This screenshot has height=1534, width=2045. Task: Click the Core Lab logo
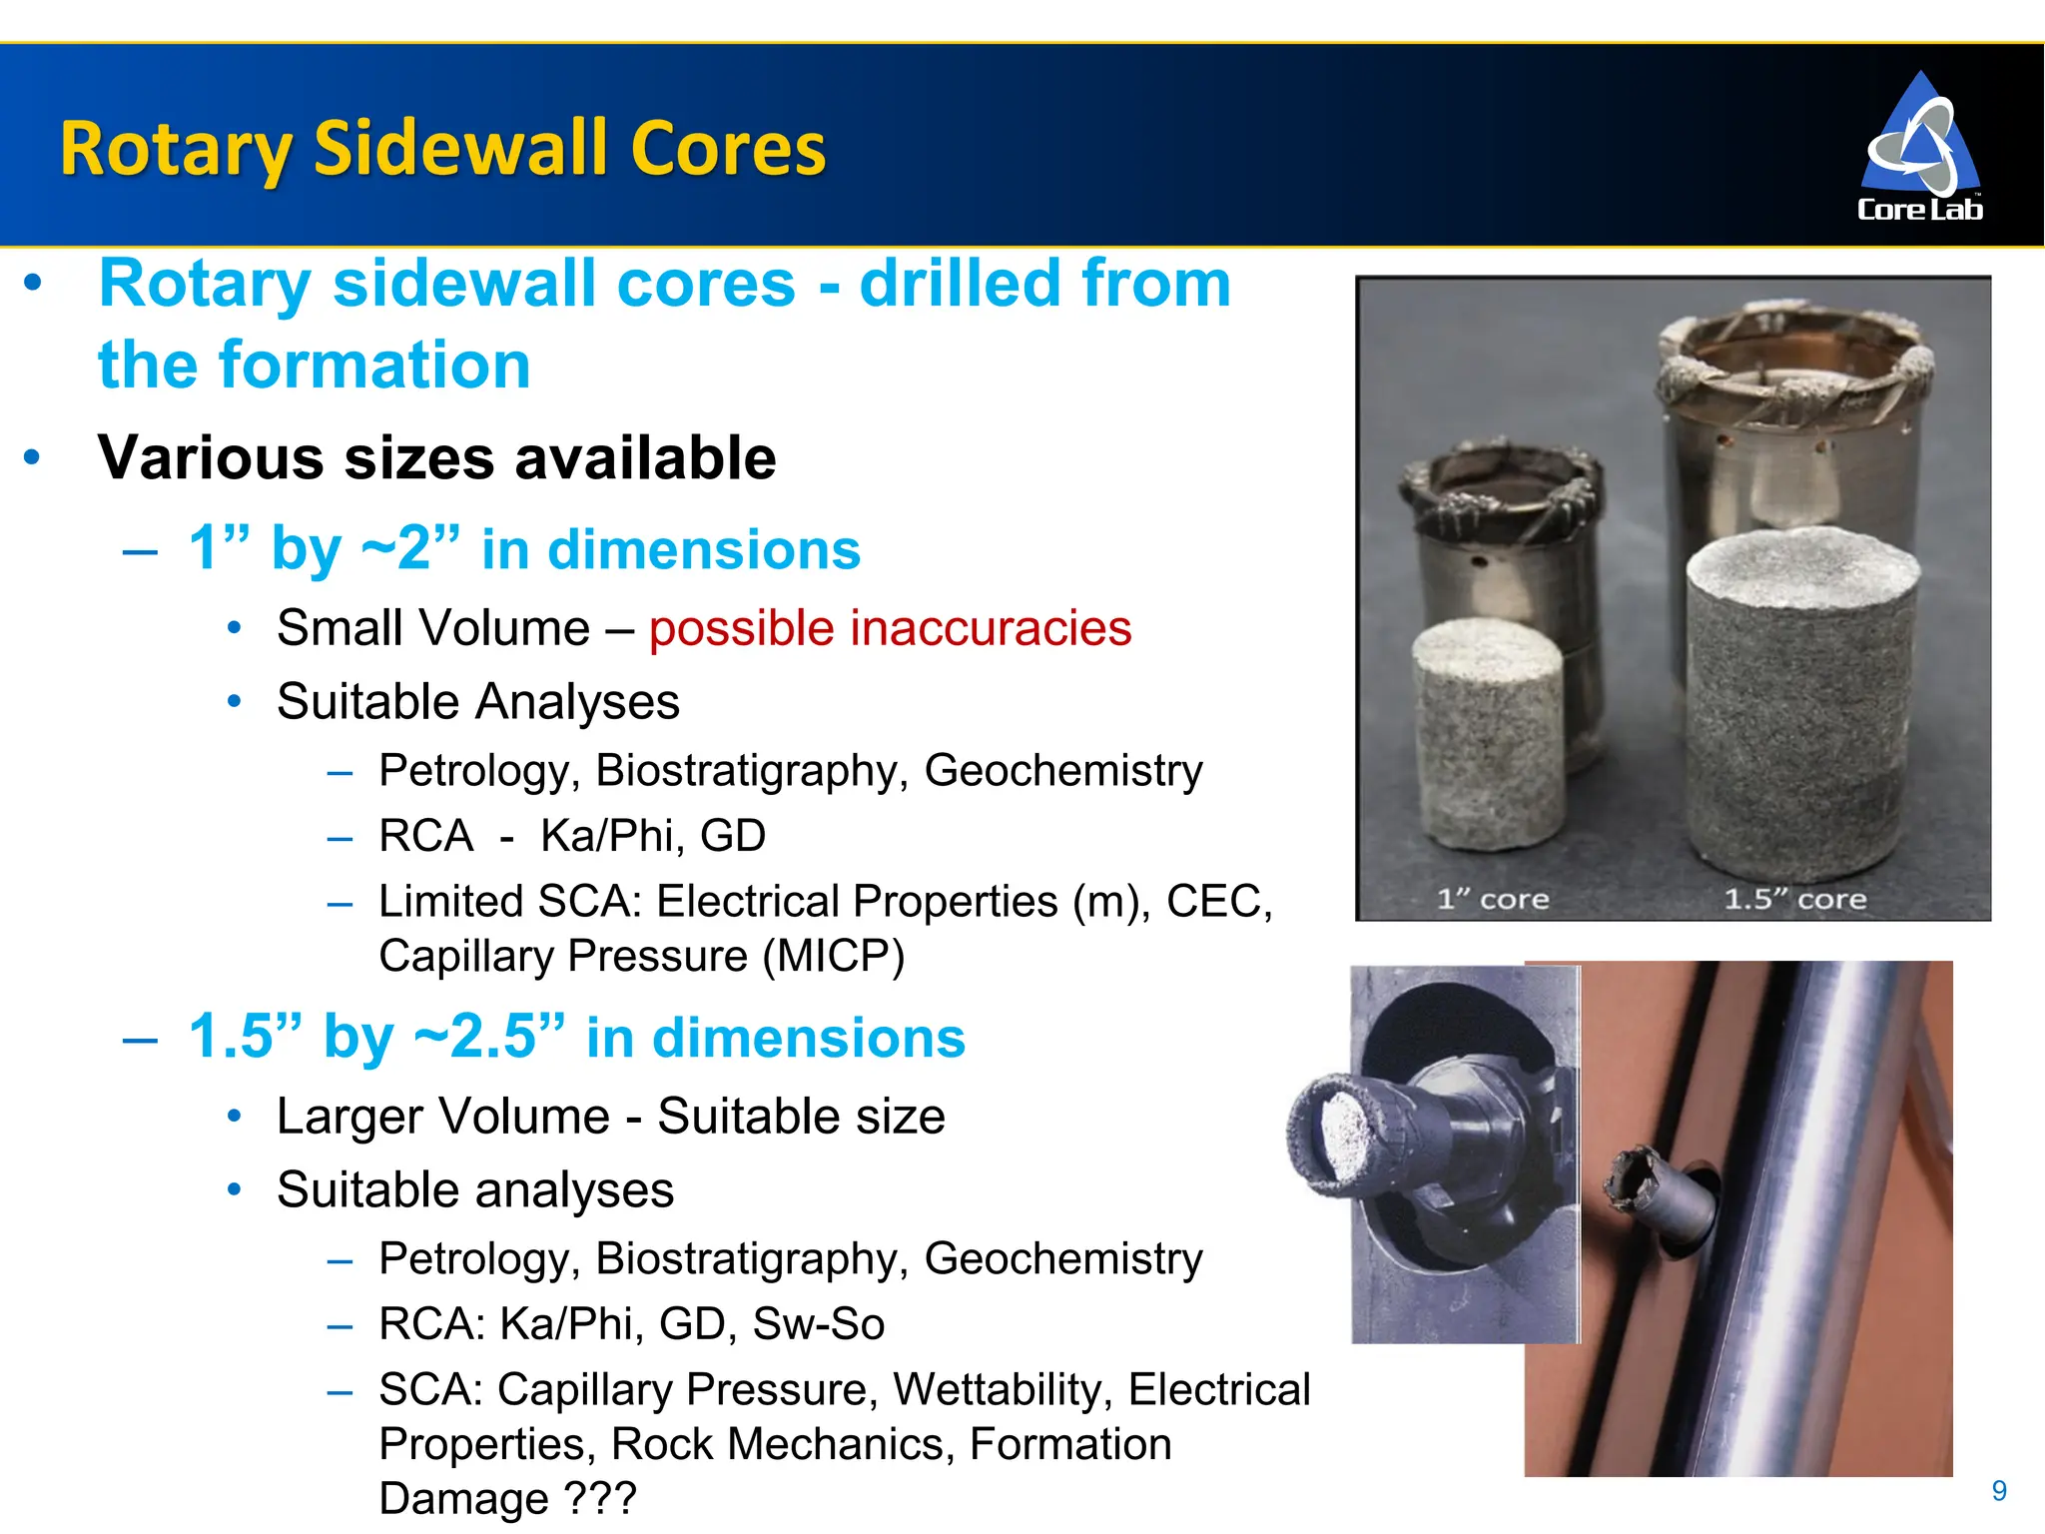1919,147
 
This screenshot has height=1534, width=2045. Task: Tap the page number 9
1998,1491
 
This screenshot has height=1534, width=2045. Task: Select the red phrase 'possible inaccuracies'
890,628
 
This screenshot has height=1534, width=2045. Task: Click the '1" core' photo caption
1492,899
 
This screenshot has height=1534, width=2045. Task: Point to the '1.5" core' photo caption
1794,899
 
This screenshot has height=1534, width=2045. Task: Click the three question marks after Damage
599,1498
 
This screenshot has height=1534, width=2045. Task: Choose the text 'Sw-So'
818,1324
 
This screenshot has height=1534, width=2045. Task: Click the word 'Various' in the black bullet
211,458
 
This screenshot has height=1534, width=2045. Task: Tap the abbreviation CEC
1218,901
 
